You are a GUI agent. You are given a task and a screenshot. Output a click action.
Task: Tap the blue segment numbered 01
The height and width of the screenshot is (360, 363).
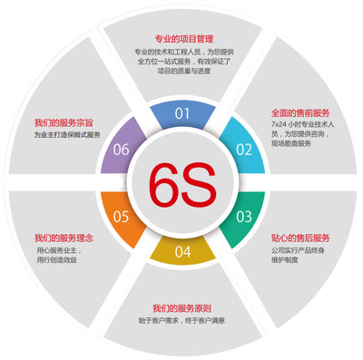182,114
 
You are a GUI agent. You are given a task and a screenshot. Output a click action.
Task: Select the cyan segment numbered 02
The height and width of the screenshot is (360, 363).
241,148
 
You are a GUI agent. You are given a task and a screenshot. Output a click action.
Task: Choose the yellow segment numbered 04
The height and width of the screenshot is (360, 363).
182,249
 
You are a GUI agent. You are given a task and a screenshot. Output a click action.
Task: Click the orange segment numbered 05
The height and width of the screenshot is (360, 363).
122,216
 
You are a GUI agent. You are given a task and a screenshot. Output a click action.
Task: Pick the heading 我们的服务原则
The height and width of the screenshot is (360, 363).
182,307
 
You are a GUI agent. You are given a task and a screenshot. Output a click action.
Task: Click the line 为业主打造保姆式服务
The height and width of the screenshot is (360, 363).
65,135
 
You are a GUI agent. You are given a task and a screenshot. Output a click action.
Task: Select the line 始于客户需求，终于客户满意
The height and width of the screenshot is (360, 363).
182,321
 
